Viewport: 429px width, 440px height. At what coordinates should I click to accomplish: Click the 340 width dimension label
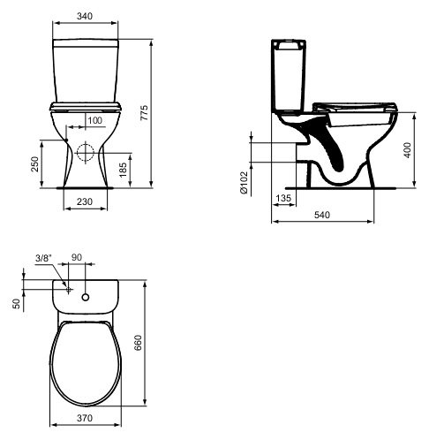85,16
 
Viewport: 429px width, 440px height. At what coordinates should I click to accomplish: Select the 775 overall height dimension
144,112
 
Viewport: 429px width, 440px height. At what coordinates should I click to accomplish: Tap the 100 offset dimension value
95,120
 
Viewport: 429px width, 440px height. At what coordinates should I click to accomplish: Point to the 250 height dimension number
34,164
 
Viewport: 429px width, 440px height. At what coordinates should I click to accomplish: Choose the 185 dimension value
123,170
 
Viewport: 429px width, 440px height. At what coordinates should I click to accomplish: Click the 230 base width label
85,201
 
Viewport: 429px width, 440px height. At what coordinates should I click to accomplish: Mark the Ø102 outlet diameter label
245,183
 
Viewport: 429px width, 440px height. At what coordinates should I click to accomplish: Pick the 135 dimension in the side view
283,198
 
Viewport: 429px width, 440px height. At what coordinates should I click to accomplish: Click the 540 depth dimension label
322,215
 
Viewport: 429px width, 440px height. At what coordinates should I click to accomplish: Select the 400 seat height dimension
407,150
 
